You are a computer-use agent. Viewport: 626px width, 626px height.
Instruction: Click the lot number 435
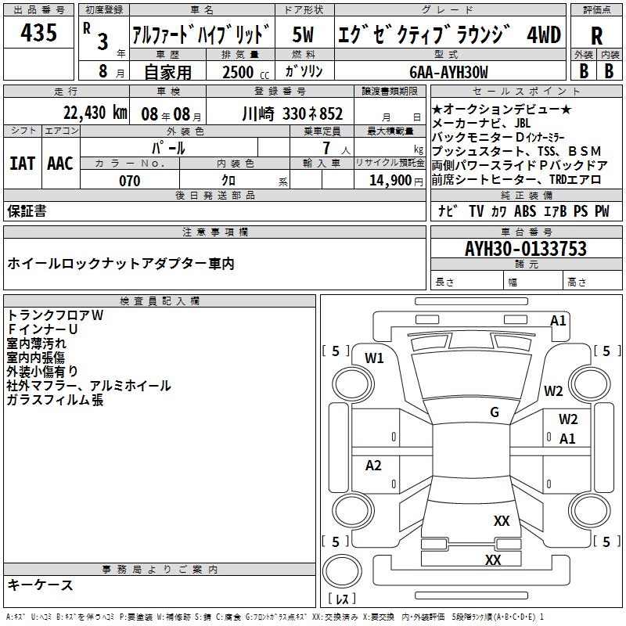pyautogui.click(x=38, y=33)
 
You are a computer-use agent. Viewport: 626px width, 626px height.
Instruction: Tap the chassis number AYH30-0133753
pyautogui.click(x=525, y=249)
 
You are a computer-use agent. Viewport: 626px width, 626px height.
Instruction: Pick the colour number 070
pyautogui.click(x=130, y=181)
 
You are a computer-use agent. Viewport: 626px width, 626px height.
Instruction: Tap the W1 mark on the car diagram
pyautogui.click(x=375, y=358)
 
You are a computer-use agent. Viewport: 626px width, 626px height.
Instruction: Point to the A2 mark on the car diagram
pyautogui.click(x=374, y=466)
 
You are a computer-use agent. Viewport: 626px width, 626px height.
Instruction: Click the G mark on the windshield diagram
pyautogui.click(x=494, y=412)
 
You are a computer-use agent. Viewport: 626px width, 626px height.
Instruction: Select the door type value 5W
pyautogui.click(x=304, y=34)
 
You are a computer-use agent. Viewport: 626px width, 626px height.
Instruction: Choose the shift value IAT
pyautogui.click(x=23, y=163)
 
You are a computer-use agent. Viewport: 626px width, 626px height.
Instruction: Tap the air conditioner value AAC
pyautogui.click(x=60, y=163)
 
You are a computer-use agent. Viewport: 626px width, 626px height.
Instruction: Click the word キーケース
pyautogui.click(x=40, y=585)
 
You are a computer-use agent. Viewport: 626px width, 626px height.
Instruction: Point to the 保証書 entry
pyautogui.click(x=27, y=211)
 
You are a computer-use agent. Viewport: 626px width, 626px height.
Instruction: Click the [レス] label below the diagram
pyautogui.click(x=341, y=599)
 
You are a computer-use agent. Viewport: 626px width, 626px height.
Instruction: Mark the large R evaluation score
pyautogui.click(x=596, y=36)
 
